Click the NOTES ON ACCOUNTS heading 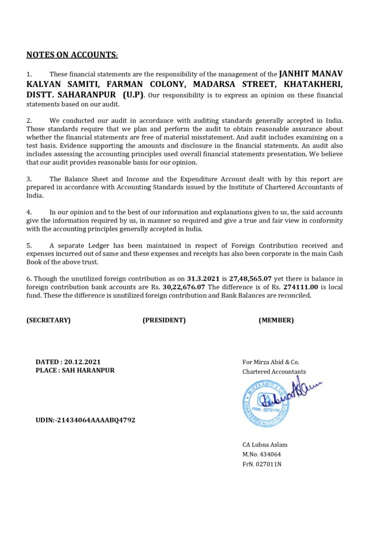pos(72,55)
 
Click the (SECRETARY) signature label pos(48,320)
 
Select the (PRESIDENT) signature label pos(164,320)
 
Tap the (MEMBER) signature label pos(276,320)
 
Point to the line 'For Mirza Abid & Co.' pos(271,362)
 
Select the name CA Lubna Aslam pos(265,445)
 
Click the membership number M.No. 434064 pos(261,455)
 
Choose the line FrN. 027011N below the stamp pos(262,464)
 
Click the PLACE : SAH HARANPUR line pos(75,371)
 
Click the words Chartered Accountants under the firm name pos(274,372)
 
